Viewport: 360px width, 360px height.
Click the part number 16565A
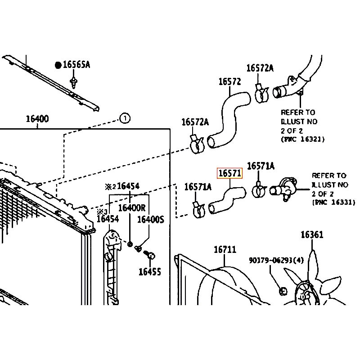pyautogui.click(x=76, y=65)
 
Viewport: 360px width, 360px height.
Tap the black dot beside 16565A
pyautogui.click(x=58, y=65)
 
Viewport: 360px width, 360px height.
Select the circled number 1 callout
pyautogui.click(x=125, y=118)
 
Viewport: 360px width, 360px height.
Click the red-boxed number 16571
pyautogui.click(x=230, y=174)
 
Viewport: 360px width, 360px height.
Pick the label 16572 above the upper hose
pyautogui.click(x=230, y=82)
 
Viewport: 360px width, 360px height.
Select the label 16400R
pyautogui.click(x=132, y=208)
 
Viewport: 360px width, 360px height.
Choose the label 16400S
pyautogui.click(x=151, y=219)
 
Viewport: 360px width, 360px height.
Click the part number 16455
pyautogui.click(x=149, y=271)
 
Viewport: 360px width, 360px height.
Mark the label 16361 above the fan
pyautogui.click(x=312, y=235)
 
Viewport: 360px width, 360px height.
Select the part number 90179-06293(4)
pyautogui.click(x=276, y=260)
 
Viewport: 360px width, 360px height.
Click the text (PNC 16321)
pyautogui.click(x=302, y=139)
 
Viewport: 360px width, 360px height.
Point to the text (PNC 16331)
pyautogui.click(x=333, y=203)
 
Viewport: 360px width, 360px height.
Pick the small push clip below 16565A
pyautogui.click(x=73, y=82)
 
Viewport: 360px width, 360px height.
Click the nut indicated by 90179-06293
pyautogui.click(x=283, y=291)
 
